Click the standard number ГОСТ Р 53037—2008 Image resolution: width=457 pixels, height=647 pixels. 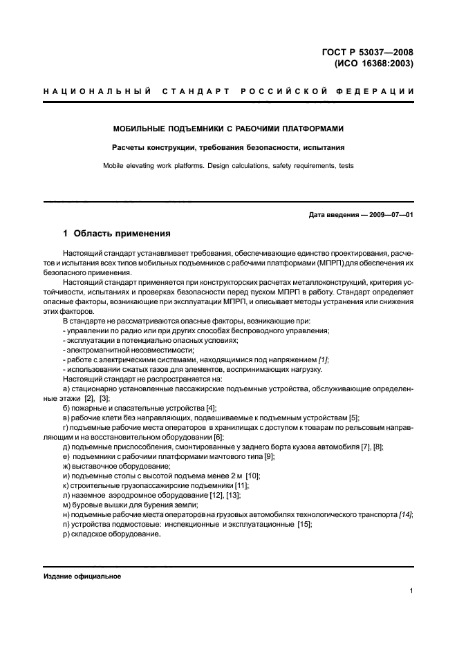click(x=372, y=52)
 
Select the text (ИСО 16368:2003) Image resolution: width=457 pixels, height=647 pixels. click(x=374, y=64)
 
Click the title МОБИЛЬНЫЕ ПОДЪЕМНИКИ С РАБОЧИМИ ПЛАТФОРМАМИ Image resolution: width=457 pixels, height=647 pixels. click(x=228, y=129)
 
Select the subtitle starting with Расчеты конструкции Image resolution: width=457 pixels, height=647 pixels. click(x=228, y=147)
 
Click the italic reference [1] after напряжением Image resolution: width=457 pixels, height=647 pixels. click(x=322, y=359)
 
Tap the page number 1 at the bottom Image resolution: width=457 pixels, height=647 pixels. click(x=411, y=591)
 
